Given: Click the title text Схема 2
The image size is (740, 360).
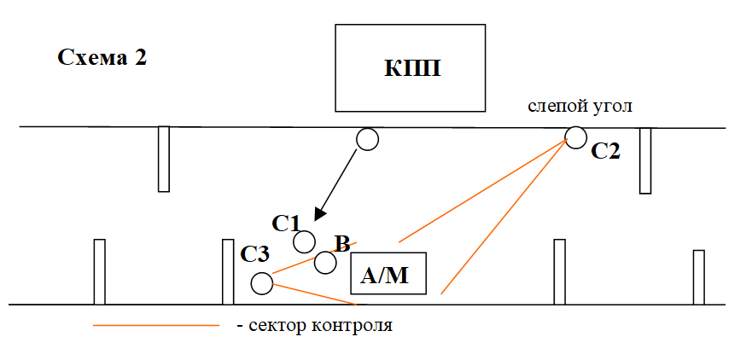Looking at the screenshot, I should [x=102, y=58].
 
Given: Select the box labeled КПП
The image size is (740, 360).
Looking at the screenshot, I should [x=411, y=67].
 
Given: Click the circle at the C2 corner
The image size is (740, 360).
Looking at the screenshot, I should [x=575, y=136].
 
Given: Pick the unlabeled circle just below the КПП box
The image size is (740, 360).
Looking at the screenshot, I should [x=367, y=139].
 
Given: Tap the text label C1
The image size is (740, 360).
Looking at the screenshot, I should [x=286, y=224].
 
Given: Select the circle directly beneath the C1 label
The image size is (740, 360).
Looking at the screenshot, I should [x=304, y=241].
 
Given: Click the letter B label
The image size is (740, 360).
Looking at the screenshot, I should [x=341, y=244].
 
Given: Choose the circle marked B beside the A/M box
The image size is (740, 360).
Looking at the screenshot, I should [x=324, y=262].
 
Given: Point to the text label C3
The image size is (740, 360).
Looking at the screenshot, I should [x=254, y=253].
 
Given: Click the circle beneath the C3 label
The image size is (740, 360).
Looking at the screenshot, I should [x=262, y=282].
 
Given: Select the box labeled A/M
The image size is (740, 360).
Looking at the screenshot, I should [x=388, y=275].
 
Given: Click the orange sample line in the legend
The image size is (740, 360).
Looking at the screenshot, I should [x=155, y=325].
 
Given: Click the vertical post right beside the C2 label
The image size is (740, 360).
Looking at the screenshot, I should [x=645, y=160].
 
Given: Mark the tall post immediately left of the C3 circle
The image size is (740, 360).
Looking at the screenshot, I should [x=228, y=271].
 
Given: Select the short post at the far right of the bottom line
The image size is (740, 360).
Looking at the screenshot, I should [x=698, y=276].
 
